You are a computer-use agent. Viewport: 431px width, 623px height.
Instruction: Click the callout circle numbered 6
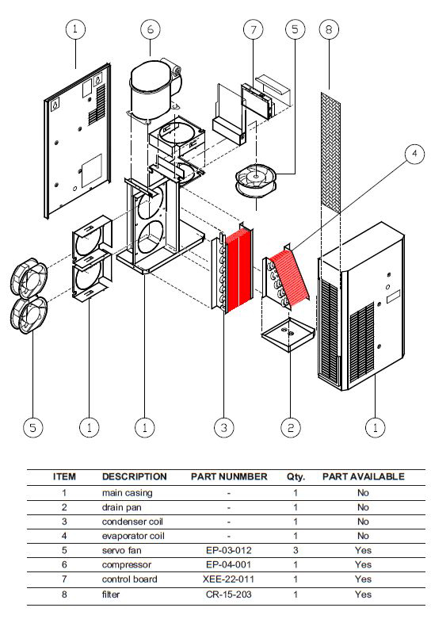[x=151, y=29]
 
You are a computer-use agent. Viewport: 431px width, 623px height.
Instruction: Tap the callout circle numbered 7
[x=254, y=29]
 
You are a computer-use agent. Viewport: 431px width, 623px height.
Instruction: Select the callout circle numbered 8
[x=329, y=29]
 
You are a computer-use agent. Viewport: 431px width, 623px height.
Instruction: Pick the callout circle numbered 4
[x=414, y=154]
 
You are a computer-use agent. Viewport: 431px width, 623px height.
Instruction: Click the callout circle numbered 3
[x=224, y=427]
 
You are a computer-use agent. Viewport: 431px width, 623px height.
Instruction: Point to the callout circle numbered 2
[x=291, y=427]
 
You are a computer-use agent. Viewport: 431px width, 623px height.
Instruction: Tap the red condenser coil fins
[x=238, y=271]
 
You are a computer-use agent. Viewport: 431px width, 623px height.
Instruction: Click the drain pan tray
[x=288, y=333]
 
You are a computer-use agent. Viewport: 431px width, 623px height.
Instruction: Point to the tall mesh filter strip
[x=330, y=152]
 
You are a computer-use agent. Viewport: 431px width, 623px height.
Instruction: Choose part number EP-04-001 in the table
[x=229, y=564]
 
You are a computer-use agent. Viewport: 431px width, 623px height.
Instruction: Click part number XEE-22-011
[x=228, y=579]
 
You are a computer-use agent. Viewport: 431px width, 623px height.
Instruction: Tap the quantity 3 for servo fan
[x=296, y=550]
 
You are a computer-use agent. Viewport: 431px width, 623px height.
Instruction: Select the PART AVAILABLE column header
[x=364, y=477]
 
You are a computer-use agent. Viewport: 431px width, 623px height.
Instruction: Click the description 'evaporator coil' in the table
[x=133, y=536]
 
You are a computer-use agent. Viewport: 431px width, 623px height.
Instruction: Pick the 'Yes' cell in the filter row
[x=363, y=594]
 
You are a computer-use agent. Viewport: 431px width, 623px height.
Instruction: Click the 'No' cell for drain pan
[x=363, y=507]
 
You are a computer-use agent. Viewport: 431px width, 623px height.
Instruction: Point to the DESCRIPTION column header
[x=134, y=477]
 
